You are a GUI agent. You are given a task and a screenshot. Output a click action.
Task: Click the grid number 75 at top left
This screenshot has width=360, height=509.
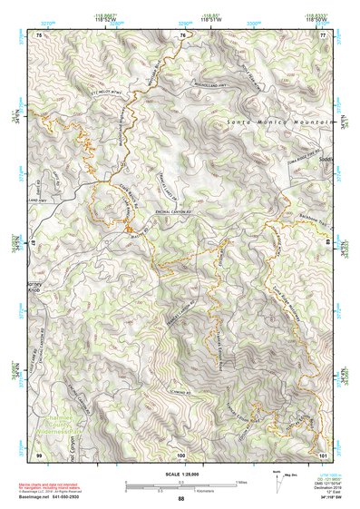[39, 34]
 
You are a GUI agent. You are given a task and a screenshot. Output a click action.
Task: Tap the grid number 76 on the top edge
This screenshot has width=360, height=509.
[182, 34]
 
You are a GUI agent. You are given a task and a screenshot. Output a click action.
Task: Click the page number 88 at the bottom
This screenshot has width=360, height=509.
[180, 498]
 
